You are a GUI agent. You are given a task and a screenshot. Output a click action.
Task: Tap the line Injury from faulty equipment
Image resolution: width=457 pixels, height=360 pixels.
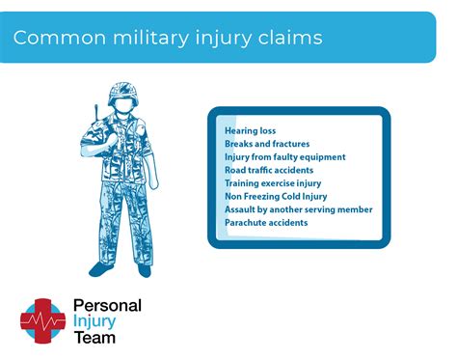[x=284, y=156]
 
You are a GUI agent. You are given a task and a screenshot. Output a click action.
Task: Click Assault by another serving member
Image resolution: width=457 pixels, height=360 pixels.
[x=298, y=209]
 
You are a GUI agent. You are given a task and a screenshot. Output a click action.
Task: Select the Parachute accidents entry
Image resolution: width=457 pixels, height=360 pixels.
[x=266, y=222]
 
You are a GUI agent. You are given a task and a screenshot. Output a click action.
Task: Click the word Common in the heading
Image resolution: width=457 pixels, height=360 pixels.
[x=53, y=39]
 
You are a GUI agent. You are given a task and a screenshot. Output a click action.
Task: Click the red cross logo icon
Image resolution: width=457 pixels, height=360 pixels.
[x=43, y=319]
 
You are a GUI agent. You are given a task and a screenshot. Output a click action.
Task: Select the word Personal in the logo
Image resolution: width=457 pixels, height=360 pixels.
[x=107, y=306]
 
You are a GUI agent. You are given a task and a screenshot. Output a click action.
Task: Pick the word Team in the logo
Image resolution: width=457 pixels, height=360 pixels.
[x=94, y=337]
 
